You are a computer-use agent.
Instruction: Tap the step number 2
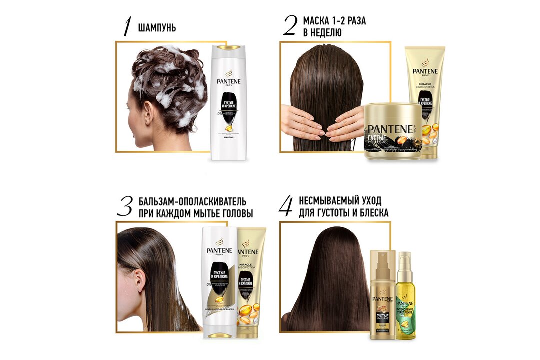[290, 26]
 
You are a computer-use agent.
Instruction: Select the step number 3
[125, 206]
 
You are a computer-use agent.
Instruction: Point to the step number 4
[285, 206]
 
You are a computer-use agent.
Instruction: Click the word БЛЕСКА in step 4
[372, 213]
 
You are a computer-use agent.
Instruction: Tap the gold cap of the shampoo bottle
[229, 48]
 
